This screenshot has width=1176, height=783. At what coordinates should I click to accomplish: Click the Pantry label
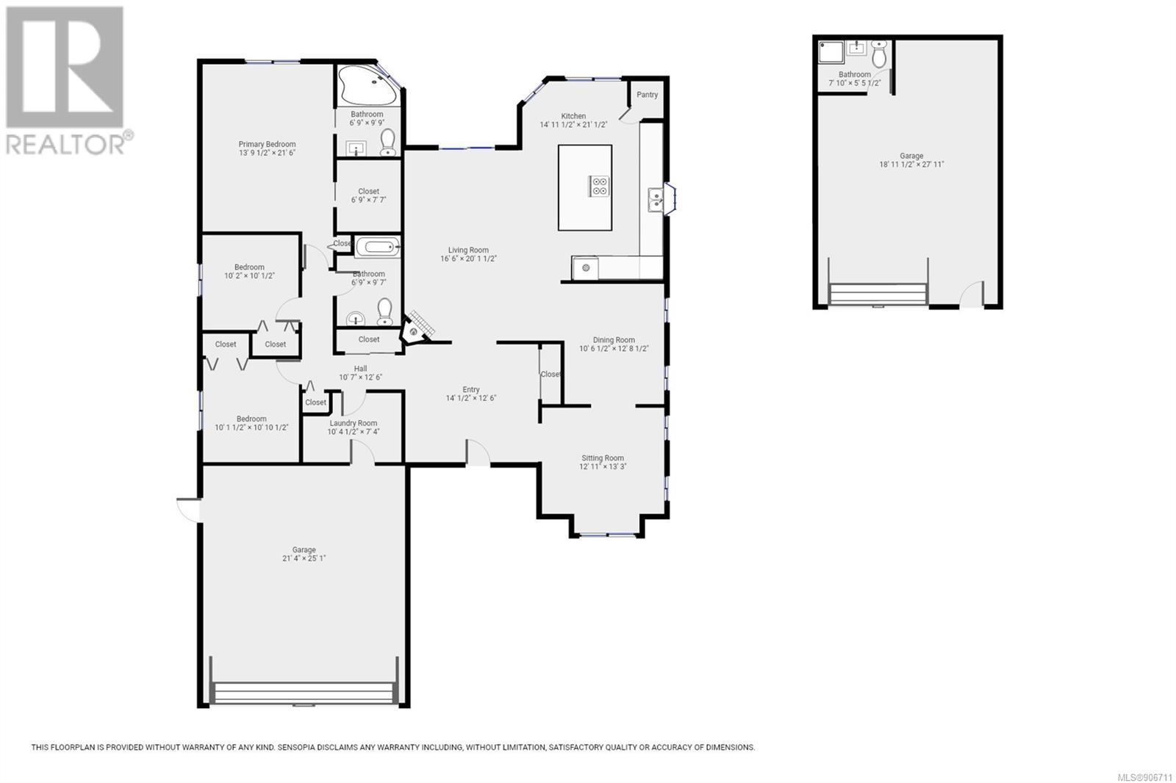647,95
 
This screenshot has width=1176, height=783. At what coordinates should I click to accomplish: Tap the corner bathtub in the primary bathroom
367,85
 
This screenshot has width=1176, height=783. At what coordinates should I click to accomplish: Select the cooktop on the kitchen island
598,186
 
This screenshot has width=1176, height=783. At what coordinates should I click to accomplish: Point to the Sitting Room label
602,458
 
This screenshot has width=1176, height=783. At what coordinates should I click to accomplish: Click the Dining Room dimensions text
614,348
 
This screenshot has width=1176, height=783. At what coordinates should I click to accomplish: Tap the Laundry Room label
353,423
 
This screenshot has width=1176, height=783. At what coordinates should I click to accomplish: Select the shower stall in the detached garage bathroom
831,52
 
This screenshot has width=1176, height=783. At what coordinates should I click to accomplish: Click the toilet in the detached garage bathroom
879,54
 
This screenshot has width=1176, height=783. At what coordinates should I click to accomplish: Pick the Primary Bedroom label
267,144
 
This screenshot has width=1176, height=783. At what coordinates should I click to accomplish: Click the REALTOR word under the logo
65,144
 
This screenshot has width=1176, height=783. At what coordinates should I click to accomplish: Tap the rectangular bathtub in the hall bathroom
378,247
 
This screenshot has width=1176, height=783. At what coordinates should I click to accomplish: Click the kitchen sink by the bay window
655,200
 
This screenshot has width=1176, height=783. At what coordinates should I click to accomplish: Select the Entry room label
471,389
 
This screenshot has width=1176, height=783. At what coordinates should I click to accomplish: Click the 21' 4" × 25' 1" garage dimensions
304,558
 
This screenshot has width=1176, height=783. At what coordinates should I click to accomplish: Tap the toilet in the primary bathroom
387,142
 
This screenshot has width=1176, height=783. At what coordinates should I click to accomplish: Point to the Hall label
360,369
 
